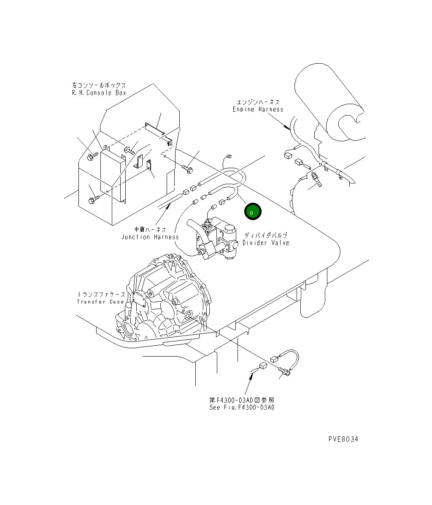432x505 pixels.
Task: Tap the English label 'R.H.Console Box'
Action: (x=99, y=93)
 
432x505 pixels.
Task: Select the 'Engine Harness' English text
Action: (x=258, y=109)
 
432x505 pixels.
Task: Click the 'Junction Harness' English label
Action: (x=150, y=237)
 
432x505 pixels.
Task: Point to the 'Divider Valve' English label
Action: (x=266, y=243)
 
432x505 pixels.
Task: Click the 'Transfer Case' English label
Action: (x=100, y=302)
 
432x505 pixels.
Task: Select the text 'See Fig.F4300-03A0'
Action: (x=242, y=408)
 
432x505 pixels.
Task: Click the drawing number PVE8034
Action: (x=343, y=439)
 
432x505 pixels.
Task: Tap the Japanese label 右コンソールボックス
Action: (x=99, y=85)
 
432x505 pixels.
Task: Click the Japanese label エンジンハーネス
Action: (x=258, y=102)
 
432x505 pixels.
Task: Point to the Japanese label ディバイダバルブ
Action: (x=265, y=236)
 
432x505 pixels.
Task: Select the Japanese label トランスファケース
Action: (x=100, y=295)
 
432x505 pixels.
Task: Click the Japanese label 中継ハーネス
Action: (x=150, y=230)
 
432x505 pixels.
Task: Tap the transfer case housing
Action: (x=165, y=299)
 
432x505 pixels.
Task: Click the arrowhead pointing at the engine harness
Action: (x=286, y=126)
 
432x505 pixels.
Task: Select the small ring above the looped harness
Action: (x=228, y=157)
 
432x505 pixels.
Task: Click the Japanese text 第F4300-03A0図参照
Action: (x=242, y=400)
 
